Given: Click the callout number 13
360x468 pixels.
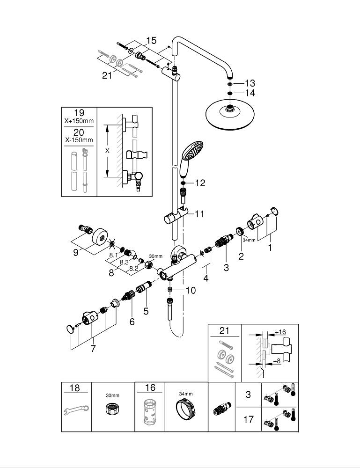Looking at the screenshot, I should tap(250, 83).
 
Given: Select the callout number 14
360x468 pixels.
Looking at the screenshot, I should tap(250, 93).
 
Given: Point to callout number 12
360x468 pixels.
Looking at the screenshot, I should tap(200, 183).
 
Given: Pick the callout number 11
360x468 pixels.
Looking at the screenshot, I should tap(199, 214).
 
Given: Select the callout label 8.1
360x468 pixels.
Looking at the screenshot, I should tap(113, 256).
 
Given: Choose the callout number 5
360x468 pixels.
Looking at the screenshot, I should tap(146, 310).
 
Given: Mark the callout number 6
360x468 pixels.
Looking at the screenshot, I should tap(132, 322).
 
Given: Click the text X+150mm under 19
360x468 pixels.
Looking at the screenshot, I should tap(79, 121).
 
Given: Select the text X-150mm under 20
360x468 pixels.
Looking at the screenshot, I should tap(79, 140).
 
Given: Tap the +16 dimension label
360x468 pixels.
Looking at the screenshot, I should tap(280, 332).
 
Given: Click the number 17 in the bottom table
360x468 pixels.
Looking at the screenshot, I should tap(249, 419).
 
